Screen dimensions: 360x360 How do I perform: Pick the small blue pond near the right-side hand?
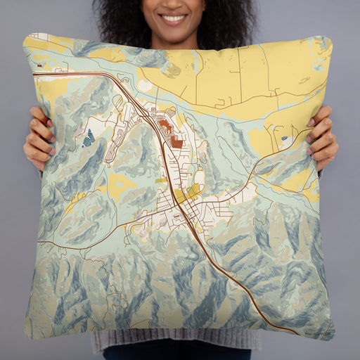[284, 139]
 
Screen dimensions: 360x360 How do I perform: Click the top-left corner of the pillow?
[26, 35]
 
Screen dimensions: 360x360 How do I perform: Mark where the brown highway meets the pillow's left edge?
[34, 72]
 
